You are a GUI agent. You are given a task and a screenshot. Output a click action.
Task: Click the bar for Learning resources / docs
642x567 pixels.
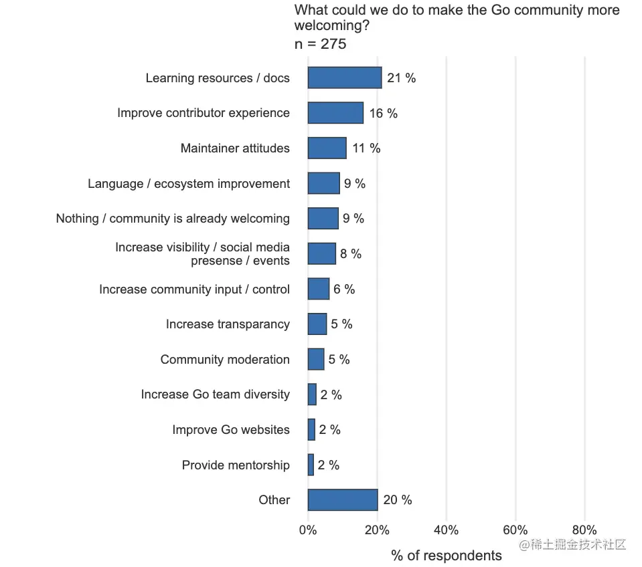tap(345, 78)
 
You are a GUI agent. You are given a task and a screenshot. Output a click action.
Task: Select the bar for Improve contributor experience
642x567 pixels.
tap(335, 113)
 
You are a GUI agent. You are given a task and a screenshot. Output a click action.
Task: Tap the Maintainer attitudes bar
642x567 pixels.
tap(327, 148)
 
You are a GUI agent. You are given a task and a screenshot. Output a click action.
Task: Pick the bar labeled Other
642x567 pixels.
tap(343, 499)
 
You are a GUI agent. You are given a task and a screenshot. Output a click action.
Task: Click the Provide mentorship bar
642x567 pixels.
tap(311, 465)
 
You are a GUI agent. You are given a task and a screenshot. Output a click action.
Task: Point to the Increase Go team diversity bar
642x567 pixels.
tap(312, 394)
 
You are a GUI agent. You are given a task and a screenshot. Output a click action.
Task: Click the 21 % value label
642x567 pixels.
tap(401, 78)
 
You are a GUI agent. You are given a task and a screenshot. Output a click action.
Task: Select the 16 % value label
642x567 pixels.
tap(383, 114)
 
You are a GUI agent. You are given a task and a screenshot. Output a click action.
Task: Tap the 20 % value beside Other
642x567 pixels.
tap(397, 500)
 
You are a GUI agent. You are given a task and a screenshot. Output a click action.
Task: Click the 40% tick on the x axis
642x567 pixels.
tap(446, 531)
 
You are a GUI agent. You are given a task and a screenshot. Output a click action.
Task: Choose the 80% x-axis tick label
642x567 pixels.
tap(584, 531)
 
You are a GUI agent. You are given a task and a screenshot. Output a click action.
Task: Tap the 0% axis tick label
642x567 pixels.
tap(308, 531)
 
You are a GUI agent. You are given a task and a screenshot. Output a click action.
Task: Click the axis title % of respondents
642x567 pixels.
tap(446, 556)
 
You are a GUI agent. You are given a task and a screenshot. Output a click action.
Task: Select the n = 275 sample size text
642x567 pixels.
tap(320, 44)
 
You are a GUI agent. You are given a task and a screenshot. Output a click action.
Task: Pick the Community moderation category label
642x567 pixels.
tap(225, 360)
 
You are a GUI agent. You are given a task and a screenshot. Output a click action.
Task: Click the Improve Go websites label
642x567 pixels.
tap(231, 430)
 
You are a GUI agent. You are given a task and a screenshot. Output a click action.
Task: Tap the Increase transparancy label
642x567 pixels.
tap(228, 324)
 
